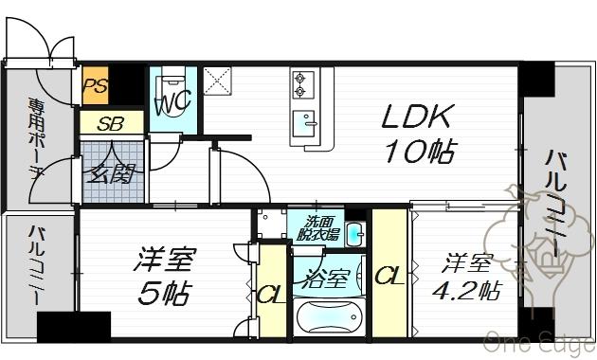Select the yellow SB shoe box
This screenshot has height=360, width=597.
click(111, 123)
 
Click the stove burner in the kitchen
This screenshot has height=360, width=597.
click(303, 89)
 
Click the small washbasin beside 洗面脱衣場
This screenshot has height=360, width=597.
click(354, 233)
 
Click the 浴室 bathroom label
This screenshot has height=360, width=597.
click(326, 279)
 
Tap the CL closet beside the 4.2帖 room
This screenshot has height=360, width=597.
click(389, 277)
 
